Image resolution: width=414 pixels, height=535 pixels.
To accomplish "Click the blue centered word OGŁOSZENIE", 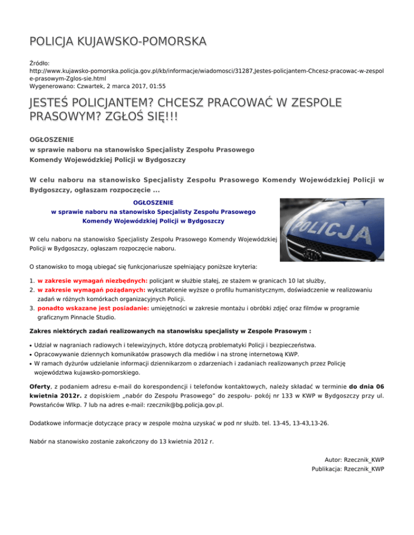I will [153, 202].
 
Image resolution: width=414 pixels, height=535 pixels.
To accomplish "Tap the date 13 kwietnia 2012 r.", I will [185, 441].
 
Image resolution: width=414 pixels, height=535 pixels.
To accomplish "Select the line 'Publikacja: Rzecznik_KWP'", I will [348, 469].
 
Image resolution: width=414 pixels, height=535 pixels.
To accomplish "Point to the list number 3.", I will [32, 308].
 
